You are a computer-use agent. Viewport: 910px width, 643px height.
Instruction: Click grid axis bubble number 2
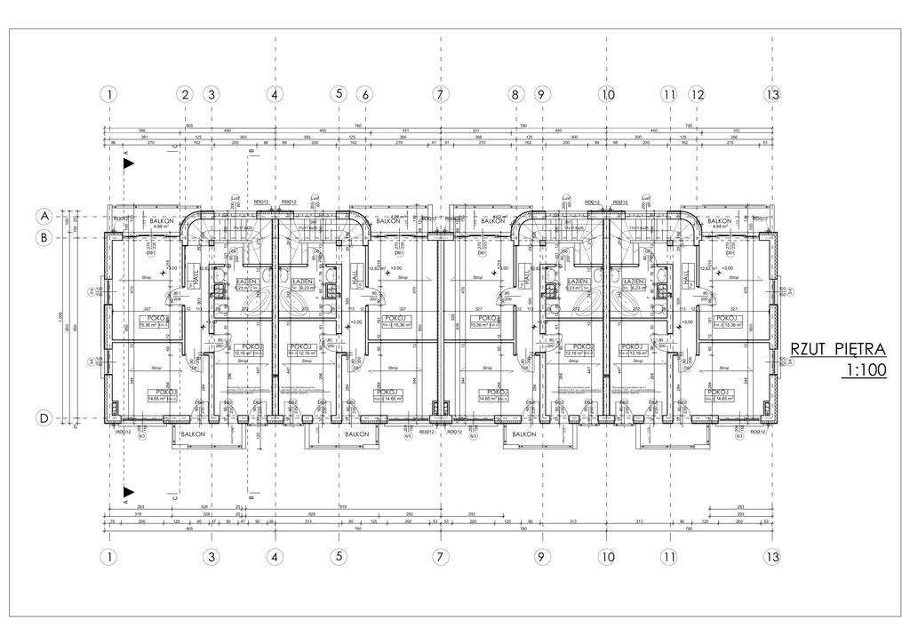(x=185, y=94)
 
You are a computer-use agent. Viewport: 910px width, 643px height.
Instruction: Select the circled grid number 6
(x=363, y=94)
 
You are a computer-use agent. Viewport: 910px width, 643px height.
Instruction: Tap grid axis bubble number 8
(x=515, y=94)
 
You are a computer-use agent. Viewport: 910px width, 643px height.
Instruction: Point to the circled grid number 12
(x=697, y=94)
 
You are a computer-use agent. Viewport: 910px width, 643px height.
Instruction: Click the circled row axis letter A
(x=43, y=216)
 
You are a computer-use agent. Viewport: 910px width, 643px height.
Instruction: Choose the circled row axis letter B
(x=43, y=238)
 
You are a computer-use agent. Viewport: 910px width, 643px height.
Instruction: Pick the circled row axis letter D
(x=43, y=417)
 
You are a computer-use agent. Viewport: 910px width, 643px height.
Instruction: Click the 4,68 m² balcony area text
(x=161, y=226)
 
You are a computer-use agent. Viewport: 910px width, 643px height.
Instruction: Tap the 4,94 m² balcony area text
(x=718, y=226)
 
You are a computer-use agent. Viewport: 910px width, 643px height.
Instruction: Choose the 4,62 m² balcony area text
(x=499, y=216)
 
